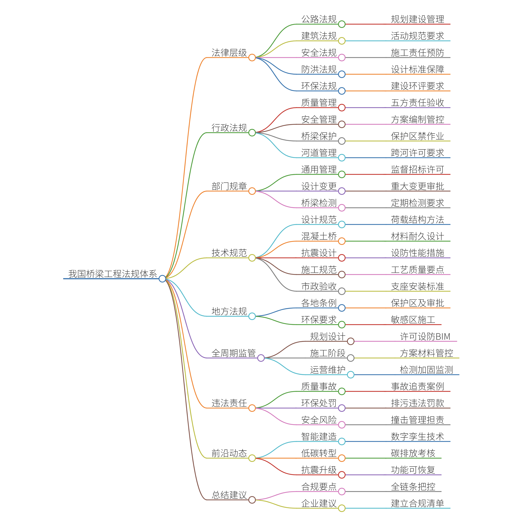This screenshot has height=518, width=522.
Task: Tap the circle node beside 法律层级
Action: [252, 58]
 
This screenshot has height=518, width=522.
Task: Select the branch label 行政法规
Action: [229, 128]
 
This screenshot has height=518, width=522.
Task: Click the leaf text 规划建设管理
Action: [417, 19]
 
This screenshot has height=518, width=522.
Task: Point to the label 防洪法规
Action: [319, 69]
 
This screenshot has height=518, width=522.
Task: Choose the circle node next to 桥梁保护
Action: [342, 141]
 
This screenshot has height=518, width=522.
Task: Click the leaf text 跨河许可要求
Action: [417, 153]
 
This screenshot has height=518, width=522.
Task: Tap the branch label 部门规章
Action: [229, 186]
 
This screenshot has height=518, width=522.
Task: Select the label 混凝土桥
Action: [319, 236]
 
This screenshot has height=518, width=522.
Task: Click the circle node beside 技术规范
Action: [252, 258]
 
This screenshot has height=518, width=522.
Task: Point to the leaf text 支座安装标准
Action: [417, 286]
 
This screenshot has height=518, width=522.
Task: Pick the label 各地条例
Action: [319, 303]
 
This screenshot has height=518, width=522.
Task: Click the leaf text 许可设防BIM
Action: [425, 336]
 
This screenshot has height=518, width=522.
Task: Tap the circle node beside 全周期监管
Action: [261, 358]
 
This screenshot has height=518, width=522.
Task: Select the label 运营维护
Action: [328, 370]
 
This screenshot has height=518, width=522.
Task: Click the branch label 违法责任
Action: [229, 403]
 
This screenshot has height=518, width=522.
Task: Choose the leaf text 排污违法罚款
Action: [417, 403]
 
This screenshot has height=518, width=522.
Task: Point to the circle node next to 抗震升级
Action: [342, 475]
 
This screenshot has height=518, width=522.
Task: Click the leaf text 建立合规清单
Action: [417, 503]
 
